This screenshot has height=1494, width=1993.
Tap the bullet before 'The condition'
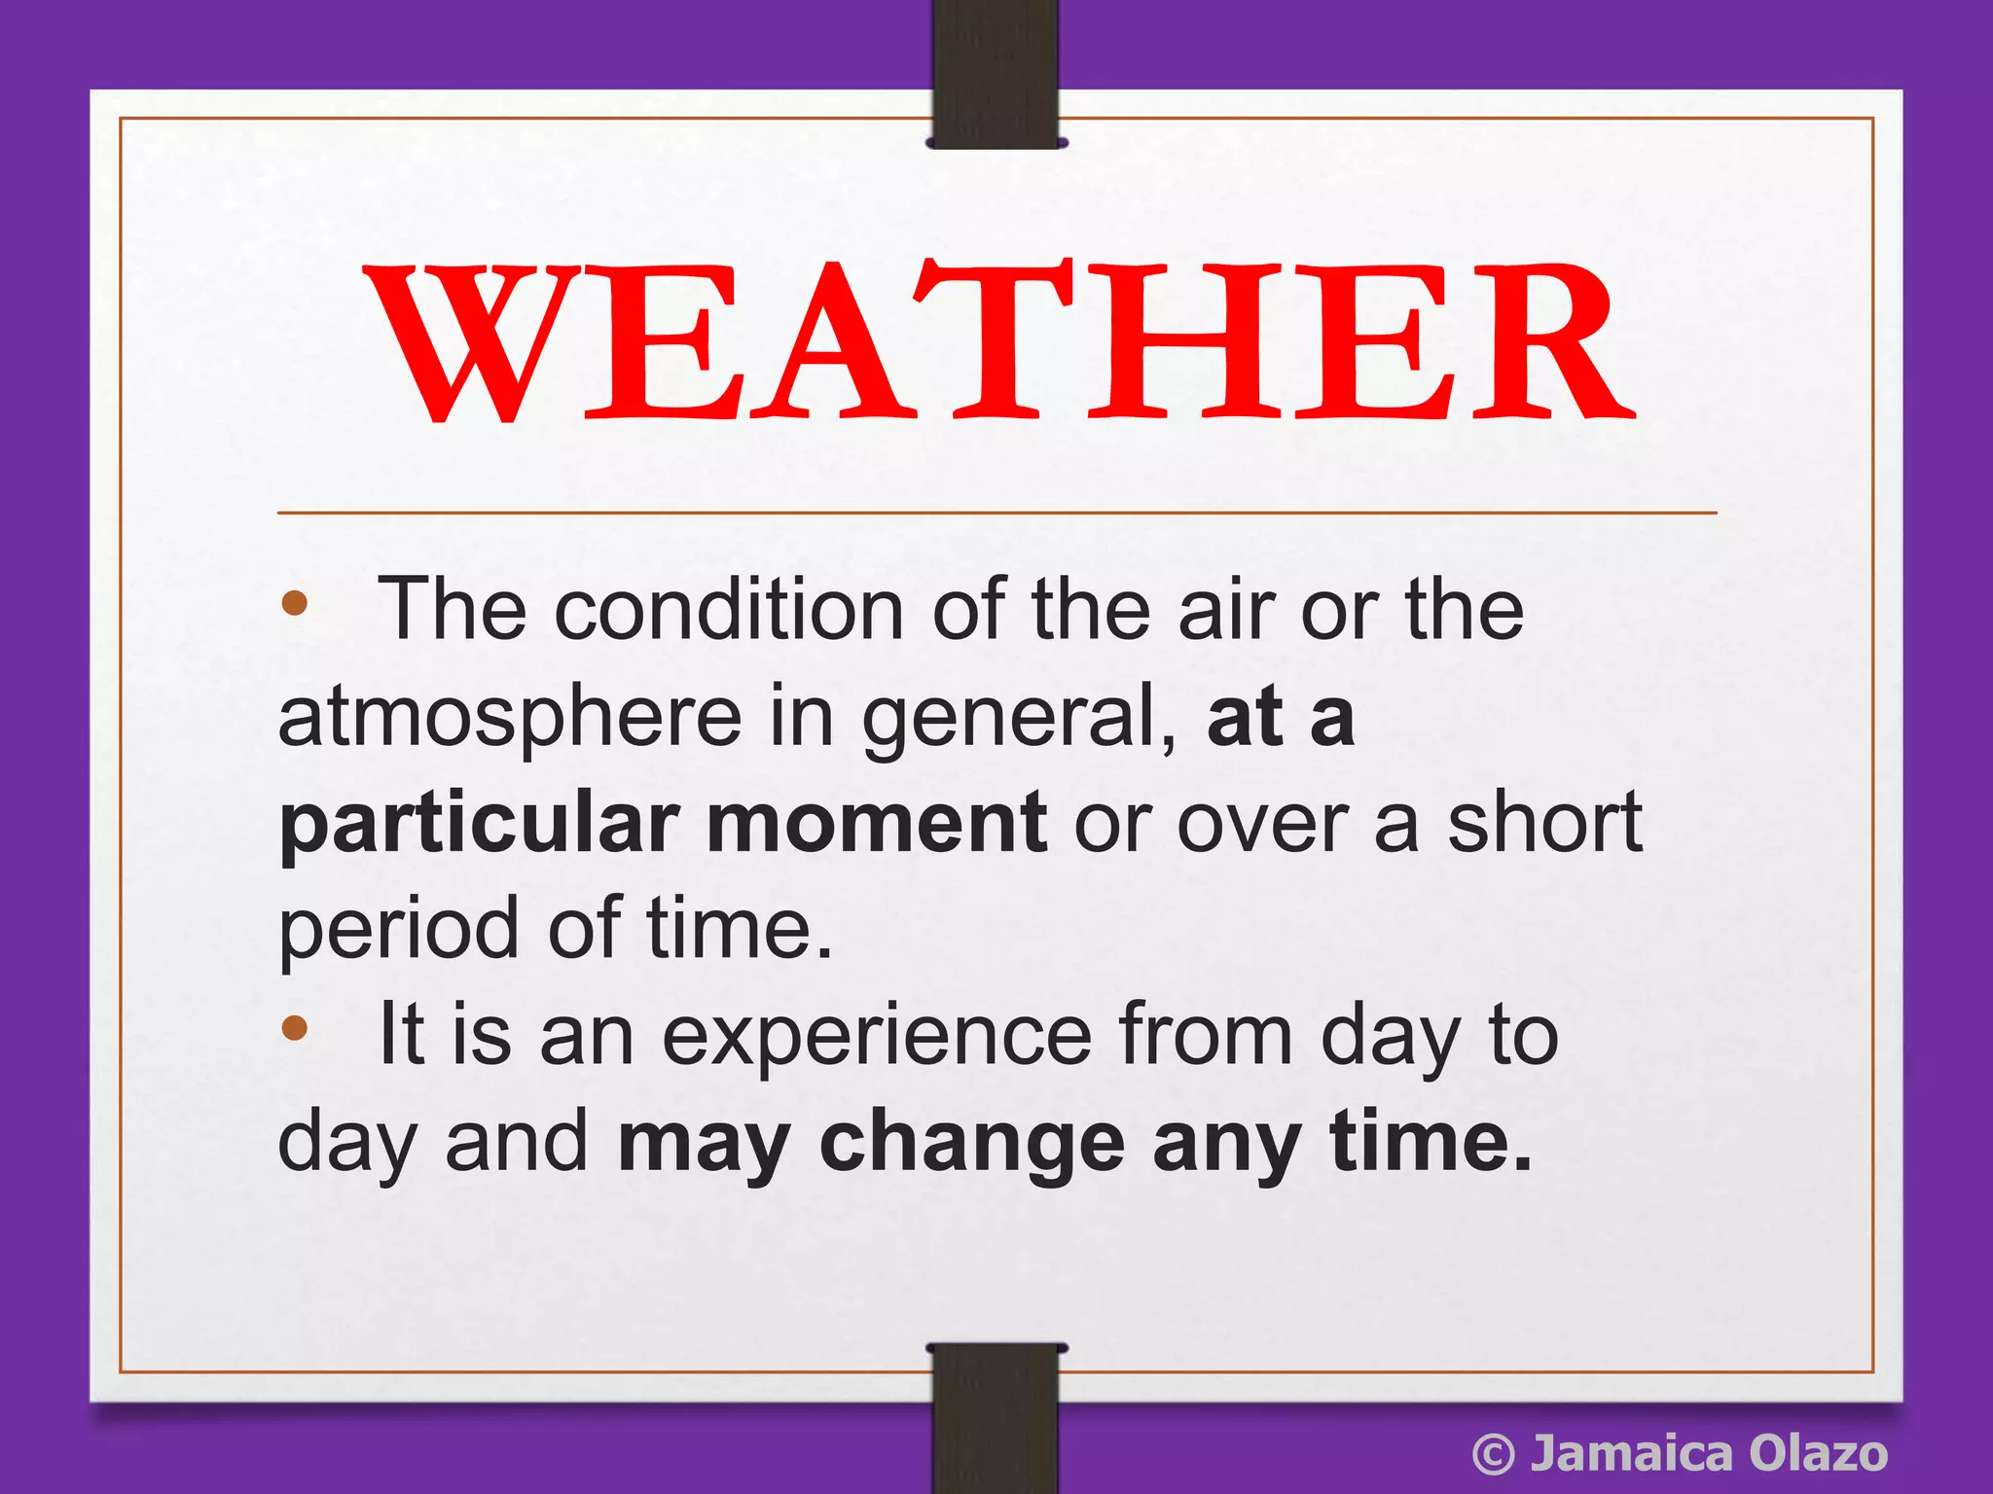pyautogui.click(x=294, y=604)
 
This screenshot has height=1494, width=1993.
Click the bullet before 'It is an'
pyautogui.click(x=294, y=1028)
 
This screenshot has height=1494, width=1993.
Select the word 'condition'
pyautogui.click(x=729, y=611)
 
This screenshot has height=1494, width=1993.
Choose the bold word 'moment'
pyautogui.click(x=877, y=825)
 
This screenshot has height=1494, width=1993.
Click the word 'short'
pyautogui.click(x=1544, y=823)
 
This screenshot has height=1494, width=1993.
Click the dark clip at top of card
pyautogui.click(x=996, y=73)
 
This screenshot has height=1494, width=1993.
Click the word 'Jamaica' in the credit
pyautogui.click(x=1631, y=1454)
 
